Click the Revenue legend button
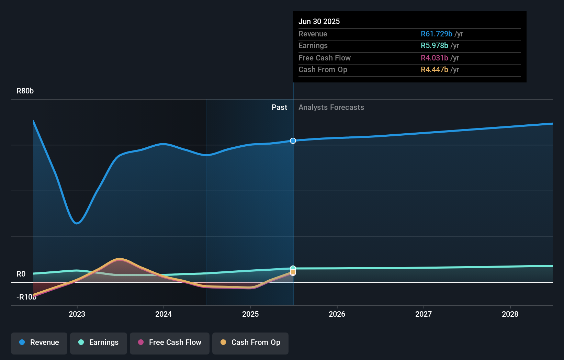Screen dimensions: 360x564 tap(39, 342)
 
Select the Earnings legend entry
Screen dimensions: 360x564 tap(99, 342)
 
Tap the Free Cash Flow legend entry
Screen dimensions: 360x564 tap(170, 342)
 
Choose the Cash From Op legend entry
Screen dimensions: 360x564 tap(250, 342)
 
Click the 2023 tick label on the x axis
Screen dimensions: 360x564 tap(77, 314)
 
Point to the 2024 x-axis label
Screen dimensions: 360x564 tap(163, 314)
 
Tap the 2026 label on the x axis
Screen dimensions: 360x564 tap(337, 314)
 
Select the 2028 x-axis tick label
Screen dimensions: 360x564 tap(510, 314)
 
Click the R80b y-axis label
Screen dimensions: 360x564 tap(25, 91)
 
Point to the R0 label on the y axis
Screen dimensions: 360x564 tap(21, 274)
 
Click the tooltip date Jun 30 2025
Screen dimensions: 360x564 tap(319, 21)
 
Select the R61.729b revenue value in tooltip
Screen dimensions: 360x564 tap(436, 34)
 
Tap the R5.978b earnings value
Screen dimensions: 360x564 tap(434, 46)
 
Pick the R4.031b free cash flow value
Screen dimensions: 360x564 tap(434, 58)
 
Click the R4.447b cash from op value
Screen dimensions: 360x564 tap(434, 70)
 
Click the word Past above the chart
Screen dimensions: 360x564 tap(279, 108)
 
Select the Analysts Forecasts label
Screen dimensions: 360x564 tap(331, 108)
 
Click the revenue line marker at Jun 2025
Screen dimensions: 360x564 tap(293, 141)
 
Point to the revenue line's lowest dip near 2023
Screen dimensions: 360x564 tap(77, 223)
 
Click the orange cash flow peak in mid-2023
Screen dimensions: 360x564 tap(119, 259)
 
